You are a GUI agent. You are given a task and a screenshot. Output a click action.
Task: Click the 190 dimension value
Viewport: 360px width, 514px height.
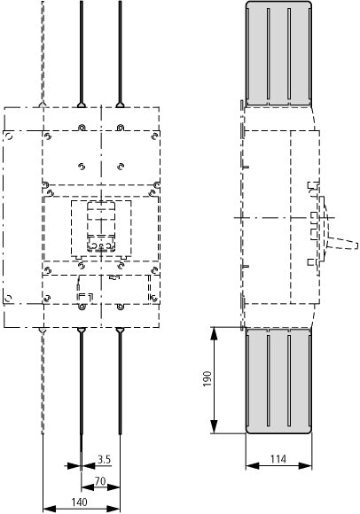click(x=207, y=379)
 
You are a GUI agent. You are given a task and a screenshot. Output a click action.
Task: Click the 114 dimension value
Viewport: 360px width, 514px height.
click(x=278, y=459)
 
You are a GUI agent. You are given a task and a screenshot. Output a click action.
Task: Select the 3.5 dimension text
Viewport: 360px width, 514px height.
click(x=104, y=459)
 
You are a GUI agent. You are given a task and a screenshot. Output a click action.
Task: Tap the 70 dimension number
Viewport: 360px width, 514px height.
click(x=100, y=481)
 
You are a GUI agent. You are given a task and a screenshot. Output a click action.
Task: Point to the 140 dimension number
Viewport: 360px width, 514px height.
click(x=79, y=502)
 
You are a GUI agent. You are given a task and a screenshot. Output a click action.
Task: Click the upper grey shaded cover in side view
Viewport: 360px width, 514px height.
click(x=278, y=53)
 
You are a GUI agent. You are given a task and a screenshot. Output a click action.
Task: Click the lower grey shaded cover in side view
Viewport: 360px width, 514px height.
click(x=278, y=380)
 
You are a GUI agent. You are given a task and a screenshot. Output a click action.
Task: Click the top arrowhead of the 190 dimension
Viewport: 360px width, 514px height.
click(x=214, y=334)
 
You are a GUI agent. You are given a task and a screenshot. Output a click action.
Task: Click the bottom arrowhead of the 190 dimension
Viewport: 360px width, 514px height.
click(x=214, y=426)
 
